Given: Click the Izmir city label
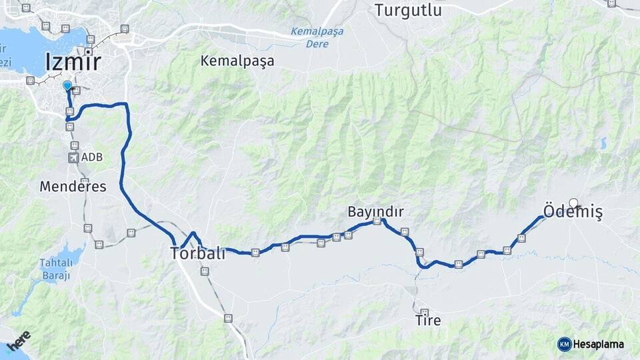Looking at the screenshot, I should click(73, 62).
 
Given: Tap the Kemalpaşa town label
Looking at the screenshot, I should click(237, 61).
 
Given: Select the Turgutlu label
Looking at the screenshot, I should click(408, 10).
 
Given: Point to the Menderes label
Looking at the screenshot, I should click(73, 187).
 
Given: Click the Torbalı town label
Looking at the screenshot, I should click(198, 253).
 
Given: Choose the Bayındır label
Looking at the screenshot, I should click(375, 211).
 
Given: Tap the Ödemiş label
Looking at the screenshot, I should click(573, 213).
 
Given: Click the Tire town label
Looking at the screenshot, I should click(428, 321).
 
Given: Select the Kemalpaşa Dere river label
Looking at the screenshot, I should click(310, 37).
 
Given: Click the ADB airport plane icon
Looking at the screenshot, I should click(73, 158).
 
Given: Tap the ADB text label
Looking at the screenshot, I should click(92, 158).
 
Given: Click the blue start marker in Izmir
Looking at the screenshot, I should click(67, 85).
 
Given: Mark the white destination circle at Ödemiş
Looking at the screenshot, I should click(573, 203).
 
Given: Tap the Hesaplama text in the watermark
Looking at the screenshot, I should click(598, 344).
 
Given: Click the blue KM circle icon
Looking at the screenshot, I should click(564, 344).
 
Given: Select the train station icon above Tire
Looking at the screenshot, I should click(424, 311).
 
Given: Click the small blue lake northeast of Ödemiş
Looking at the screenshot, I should click(603, 143).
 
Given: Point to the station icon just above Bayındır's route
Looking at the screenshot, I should click(377, 221).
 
